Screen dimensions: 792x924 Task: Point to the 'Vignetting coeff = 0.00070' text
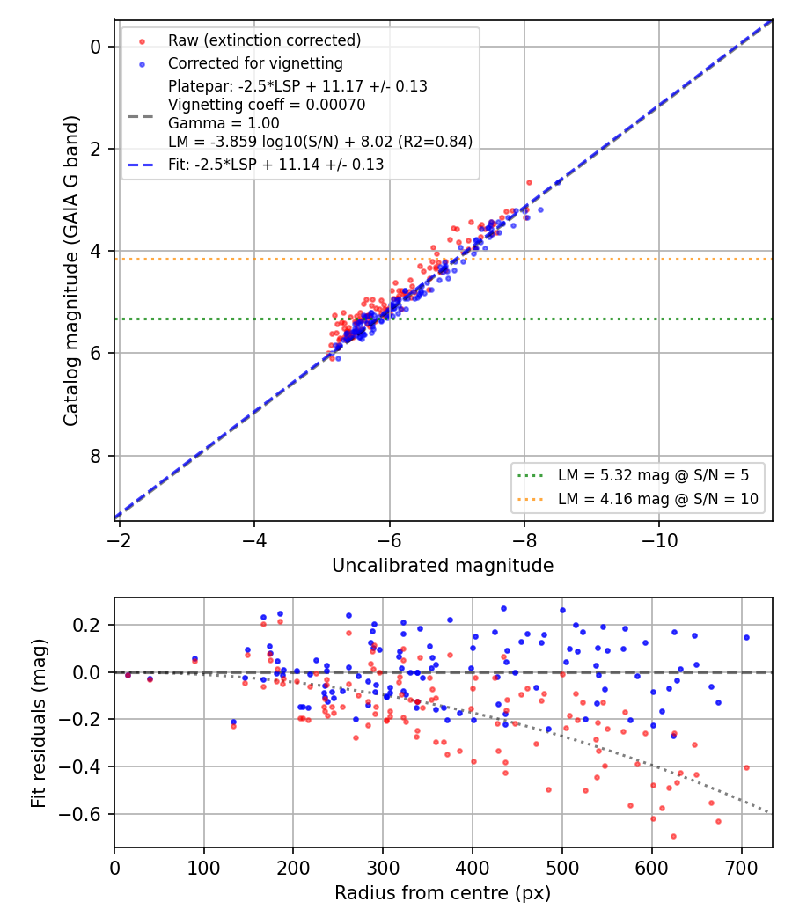(267, 105)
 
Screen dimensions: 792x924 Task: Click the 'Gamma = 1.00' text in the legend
(224, 123)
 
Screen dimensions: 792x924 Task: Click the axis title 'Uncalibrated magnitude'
(443, 566)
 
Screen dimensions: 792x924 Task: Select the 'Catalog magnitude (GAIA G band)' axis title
(70, 270)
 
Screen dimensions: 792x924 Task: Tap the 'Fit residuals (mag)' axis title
(39, 723)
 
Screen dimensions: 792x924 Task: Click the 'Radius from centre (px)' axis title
(443, 893)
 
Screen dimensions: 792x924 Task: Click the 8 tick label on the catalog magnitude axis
(95, 456)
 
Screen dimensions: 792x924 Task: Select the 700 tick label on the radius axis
(741, 868)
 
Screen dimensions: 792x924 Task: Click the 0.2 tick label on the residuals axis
(88, 625)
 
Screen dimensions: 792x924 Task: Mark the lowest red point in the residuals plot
(673, 836)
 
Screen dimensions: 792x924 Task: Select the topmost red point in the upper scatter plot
(529, 183)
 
